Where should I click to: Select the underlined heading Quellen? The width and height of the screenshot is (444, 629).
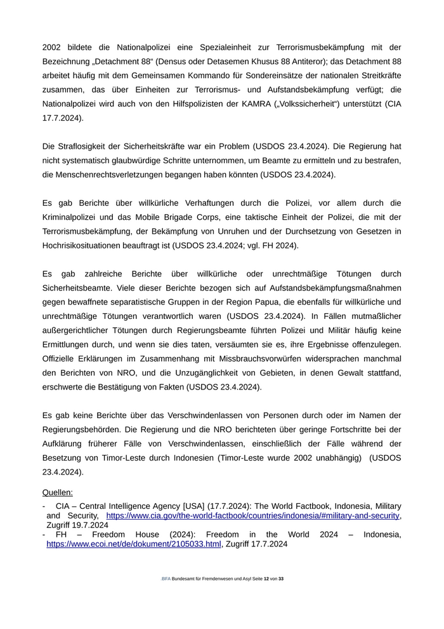click(57, 492)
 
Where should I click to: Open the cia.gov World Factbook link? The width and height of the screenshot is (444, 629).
click(253, 516)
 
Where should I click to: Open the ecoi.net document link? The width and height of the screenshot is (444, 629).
click(133, 544)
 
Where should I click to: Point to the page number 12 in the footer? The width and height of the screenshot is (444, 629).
click(266, 597)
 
